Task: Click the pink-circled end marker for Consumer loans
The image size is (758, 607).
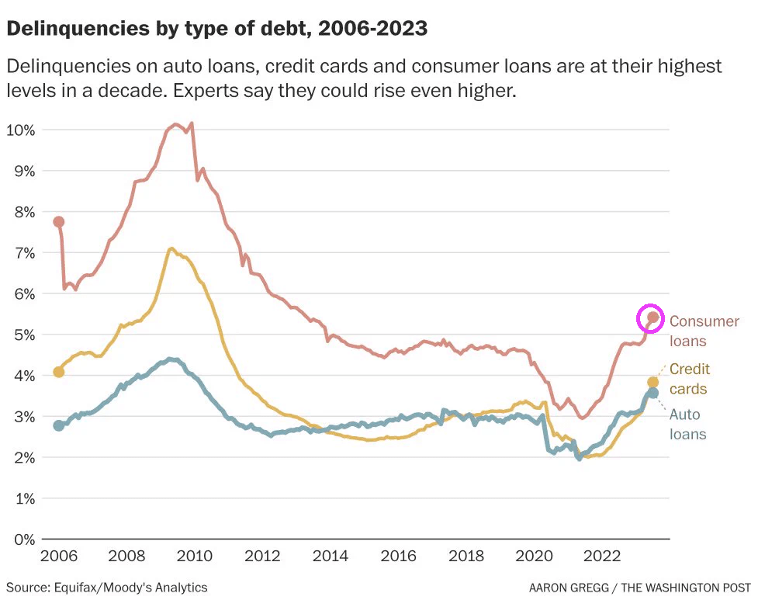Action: click(x=652, y=317)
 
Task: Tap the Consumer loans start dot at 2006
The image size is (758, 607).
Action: click(x=58, y=222)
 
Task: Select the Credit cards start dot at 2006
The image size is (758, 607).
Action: click(x=58, y=372)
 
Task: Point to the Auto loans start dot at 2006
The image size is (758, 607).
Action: click(x=59, y=425)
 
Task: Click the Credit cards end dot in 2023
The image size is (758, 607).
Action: click(x=652, y=382)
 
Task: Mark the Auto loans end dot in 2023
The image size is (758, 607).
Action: click(x=653, y=394)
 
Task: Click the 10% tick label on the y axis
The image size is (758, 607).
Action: click(x=21, y=129)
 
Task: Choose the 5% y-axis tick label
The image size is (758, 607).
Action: click(x=25, y=335)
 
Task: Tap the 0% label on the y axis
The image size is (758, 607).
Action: click(x=25, y=539)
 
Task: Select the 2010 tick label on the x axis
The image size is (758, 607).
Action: click(x=195, y=557)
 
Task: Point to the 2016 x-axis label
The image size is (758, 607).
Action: click(x=398, y=557)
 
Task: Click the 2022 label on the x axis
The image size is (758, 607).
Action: click(x=601, y=557)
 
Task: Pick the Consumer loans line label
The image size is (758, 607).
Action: click(x=704, y=331)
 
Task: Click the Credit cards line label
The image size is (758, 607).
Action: click(x=690, y=379)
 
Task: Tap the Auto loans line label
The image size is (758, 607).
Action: click(x=687, y=424)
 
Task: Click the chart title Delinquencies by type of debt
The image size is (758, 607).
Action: click(x=216, y=29)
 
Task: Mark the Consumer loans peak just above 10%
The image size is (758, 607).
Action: click(x=191, y=123)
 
